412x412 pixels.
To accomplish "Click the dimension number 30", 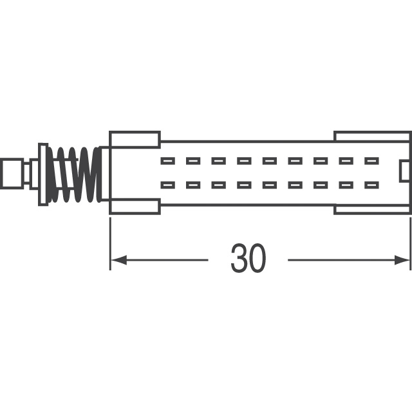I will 248,259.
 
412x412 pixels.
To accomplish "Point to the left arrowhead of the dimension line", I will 116,260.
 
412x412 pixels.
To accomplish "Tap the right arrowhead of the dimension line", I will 405,260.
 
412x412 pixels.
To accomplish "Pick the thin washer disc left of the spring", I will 43,173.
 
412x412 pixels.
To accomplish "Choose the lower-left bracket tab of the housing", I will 135,207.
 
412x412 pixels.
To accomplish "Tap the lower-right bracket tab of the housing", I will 372,209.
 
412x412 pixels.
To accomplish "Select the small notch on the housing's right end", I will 404,172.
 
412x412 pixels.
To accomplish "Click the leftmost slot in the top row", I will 167,160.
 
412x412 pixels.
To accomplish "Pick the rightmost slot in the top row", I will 371,160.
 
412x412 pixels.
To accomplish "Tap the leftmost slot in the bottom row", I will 167,185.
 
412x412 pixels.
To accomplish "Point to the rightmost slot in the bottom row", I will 371,185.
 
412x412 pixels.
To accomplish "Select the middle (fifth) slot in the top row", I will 270,160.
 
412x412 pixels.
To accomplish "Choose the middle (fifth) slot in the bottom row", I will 270,185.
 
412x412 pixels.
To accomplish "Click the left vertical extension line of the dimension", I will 110,241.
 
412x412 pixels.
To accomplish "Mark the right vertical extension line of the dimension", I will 411,241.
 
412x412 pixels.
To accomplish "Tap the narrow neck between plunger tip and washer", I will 30,173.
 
